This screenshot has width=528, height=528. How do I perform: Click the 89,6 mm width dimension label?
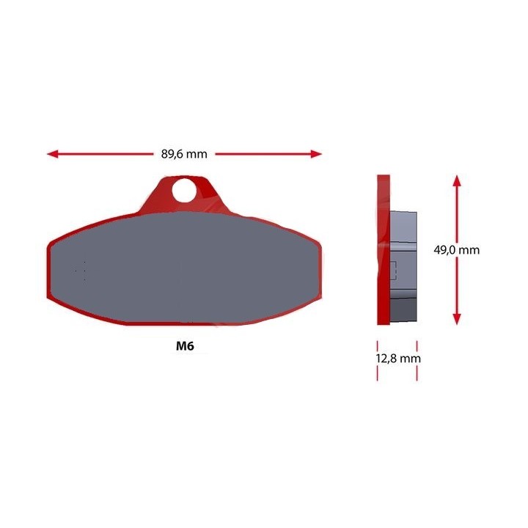pos(184,154)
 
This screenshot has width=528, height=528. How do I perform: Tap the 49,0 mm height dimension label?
pos(456,250)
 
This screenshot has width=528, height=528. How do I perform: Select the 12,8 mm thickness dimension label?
pos(398,359)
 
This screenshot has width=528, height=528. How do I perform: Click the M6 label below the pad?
pos(185,346)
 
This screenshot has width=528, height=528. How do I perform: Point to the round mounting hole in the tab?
pos(184,191)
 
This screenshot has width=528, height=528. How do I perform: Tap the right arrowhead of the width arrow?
pos(316,154)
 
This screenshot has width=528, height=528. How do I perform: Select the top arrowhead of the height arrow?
pos(457,180)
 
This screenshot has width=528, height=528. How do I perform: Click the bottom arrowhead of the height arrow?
pos(457,319)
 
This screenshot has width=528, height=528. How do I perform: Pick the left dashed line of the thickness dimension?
pos(378,361)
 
